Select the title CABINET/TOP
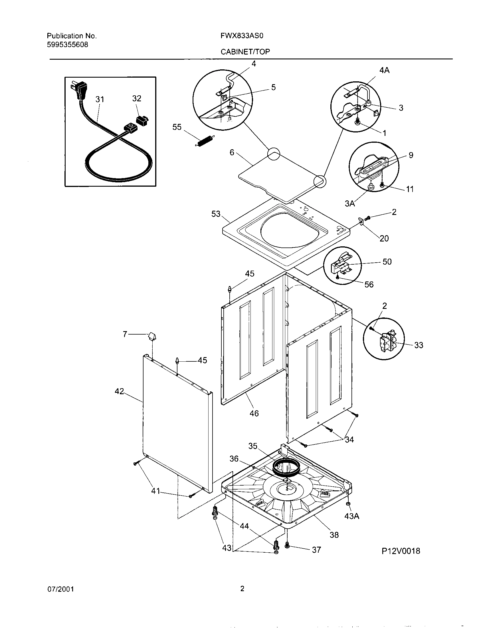[245, 52]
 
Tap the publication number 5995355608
[68, 45]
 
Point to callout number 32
[137, 99]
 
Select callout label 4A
[384, 71]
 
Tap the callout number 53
[216, 214]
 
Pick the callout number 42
[119, 391]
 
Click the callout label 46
[254, 414]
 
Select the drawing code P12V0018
[401, 551]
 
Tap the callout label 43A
[352, 516]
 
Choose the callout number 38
[334, 535]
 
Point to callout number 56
[369, 284]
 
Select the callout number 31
[100, 100]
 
